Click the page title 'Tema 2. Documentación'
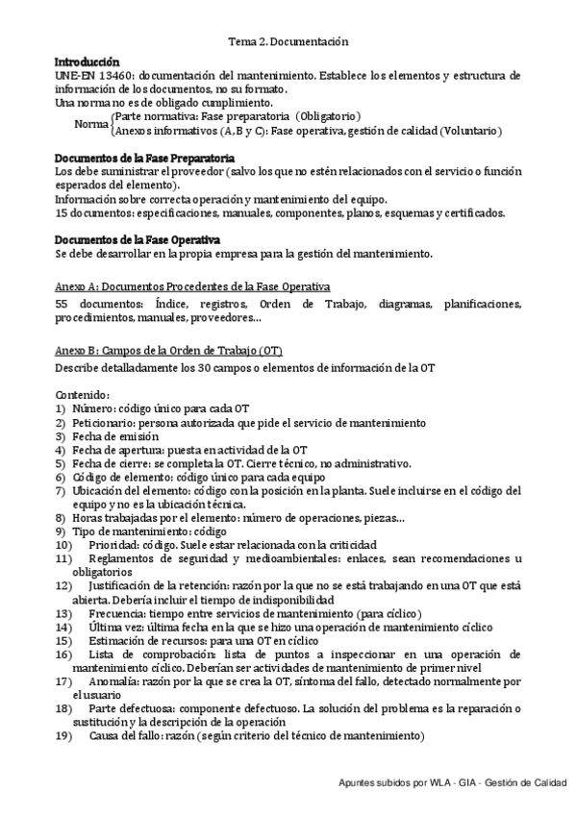[288, 42]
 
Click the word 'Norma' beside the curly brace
[92, 124]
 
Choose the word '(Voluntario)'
[473, 131]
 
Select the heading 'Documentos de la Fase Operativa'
[138, 239]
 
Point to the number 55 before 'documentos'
[63, 304]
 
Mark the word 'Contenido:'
[83, 393]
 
